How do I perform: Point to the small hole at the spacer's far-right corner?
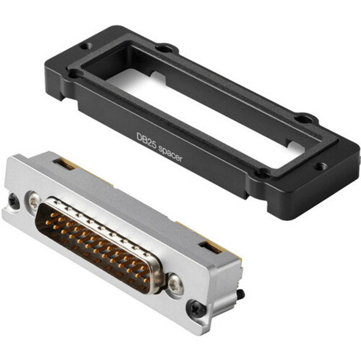[321, 165]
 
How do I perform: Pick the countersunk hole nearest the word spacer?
[262, 173]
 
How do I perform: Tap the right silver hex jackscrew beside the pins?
[175, 282]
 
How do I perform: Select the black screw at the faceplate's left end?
[12, 199]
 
